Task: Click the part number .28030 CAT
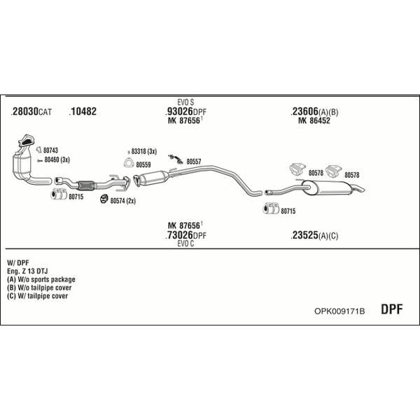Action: [x=31, y=111]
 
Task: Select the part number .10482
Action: [x=83, y=111]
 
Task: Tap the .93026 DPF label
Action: [x=185, y=111]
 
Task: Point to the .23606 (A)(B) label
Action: [x=314, y=111]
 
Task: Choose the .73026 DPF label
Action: [x=185, y=235]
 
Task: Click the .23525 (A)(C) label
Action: [x=314, y=235]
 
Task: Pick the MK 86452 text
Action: [x=314, y=120]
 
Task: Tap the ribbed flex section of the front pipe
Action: [x=85, y=185]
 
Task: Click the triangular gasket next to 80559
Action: [x=129, y=163]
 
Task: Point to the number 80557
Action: [x=194, y=162]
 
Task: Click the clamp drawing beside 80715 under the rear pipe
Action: [x=271, y=209]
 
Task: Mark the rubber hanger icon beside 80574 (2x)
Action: [x=104, y=199]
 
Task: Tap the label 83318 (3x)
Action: [x=143, y=152]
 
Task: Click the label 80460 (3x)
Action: [x=57, y=160]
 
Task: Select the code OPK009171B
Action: [x=339, y=311]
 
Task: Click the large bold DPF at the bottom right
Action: [x=391, y=309]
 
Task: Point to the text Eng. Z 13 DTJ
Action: [x=27, y=271]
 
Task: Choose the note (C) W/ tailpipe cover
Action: [x=38, y=296]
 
